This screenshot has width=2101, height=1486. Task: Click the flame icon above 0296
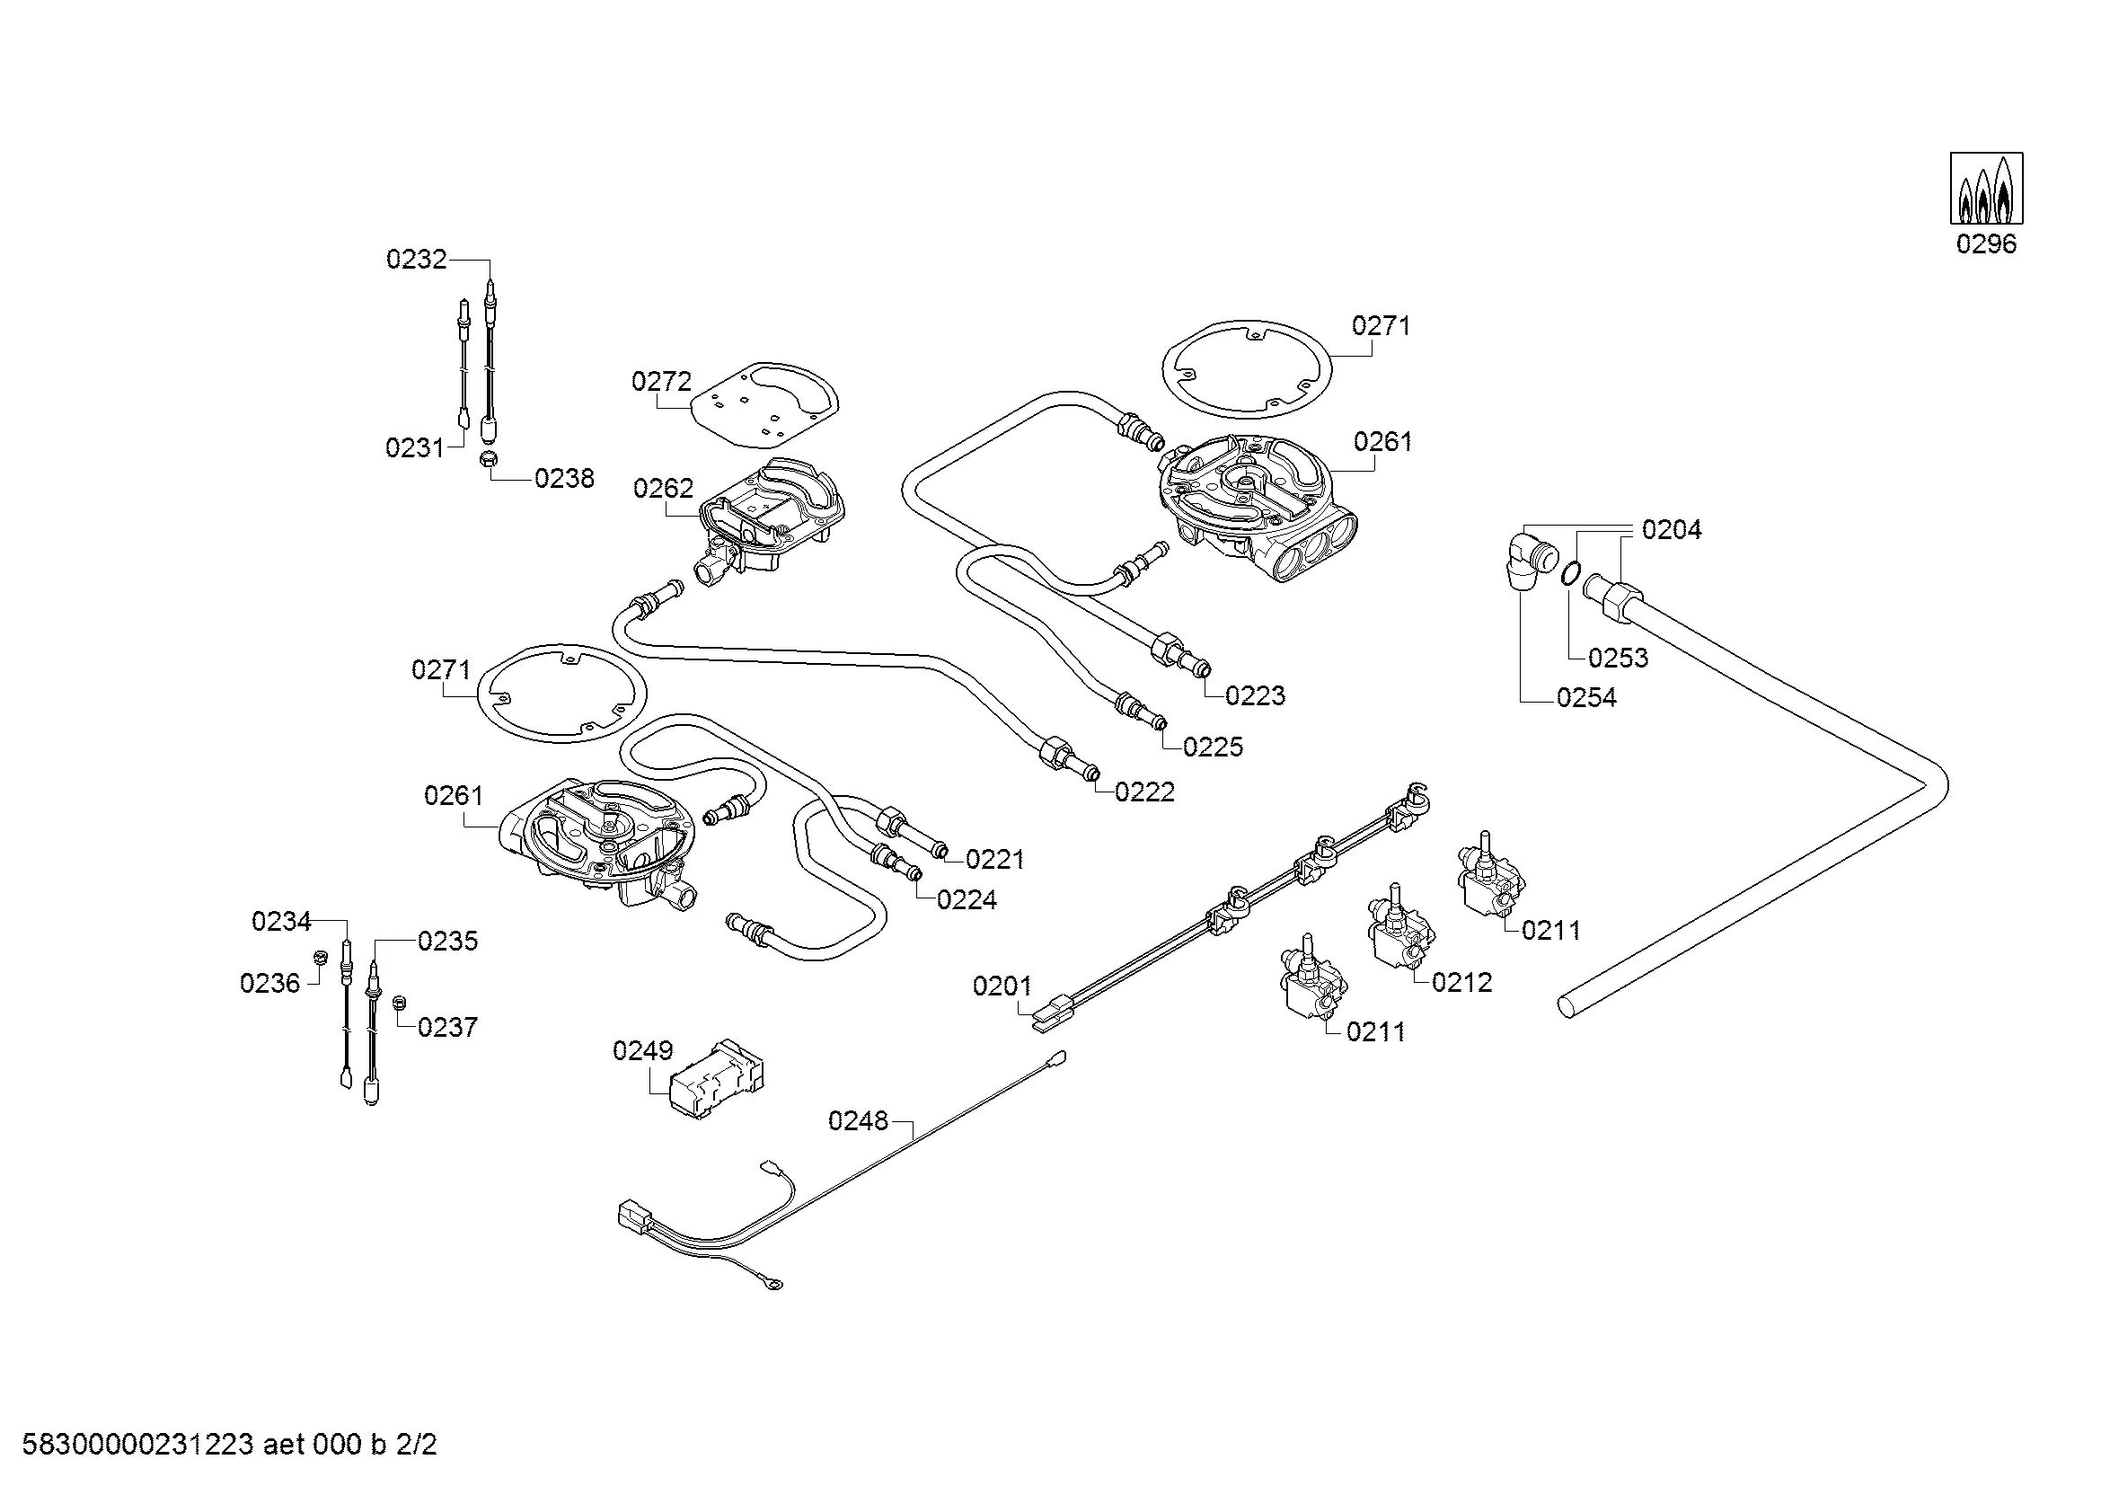click(x=1986, y=188)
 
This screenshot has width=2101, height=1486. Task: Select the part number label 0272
click(x=661, y=381)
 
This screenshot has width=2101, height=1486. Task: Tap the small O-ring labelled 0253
click(x=1569, y=575)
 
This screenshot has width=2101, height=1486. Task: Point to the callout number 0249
click(x=642, y=1050)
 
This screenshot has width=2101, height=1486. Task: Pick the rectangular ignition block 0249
click(x=719, y=1079)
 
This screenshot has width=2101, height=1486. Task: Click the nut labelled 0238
click(x=490, y=460)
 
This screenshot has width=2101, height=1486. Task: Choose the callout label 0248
click(x=858, y=1121)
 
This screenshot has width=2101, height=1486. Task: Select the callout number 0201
click(x=1002, y=986)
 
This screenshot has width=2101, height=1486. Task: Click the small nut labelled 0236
click(x=321, y=957)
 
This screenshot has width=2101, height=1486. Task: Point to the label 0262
click(x=663, y=489)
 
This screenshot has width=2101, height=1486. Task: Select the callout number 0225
click(x=1213, y=747)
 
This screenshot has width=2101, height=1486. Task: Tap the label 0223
click(x=1255, y=696)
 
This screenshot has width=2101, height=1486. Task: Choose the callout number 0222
click(x=1143, y=792)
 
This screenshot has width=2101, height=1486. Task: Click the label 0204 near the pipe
click(x=1671, y=530)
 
